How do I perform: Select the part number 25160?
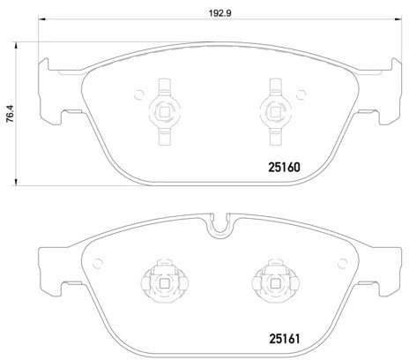pos(285,164)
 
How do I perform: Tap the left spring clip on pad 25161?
pos(160,282)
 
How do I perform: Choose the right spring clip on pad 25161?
pos(268,282)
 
